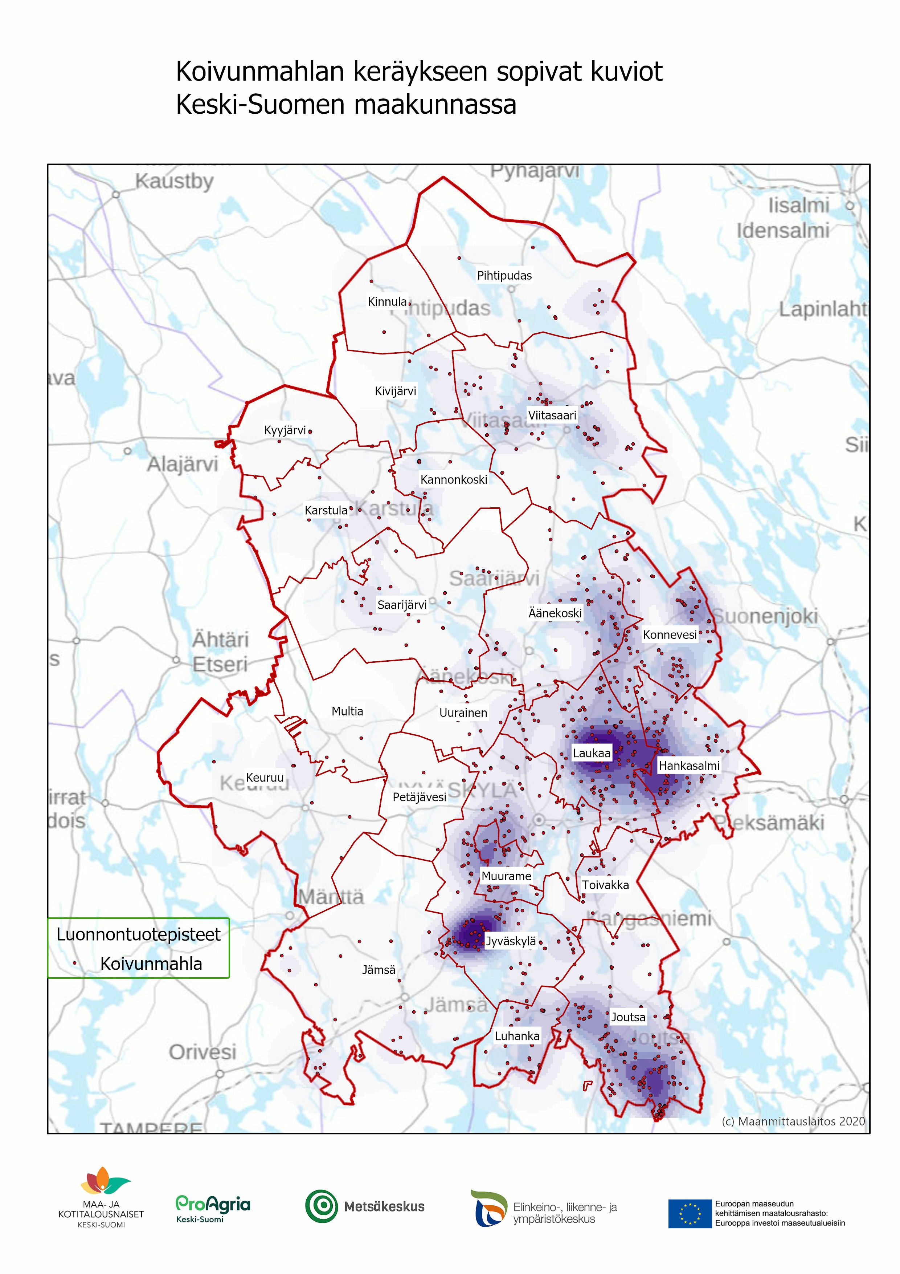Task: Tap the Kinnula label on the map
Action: (387, 302)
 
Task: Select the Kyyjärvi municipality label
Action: (285, 430)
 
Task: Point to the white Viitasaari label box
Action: (552, 415)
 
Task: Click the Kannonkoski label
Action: (454, 479)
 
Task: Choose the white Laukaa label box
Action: (591, 753)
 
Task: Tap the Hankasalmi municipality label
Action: (689, 766)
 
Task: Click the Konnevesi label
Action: (669, 635)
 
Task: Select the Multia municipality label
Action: (347, 711)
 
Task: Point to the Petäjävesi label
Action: (419, 798)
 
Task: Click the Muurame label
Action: (506, 876)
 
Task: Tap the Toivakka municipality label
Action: (605, 885)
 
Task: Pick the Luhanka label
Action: (517, 1036)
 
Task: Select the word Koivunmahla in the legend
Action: (151, 964)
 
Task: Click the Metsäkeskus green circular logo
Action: (321, 1206)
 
